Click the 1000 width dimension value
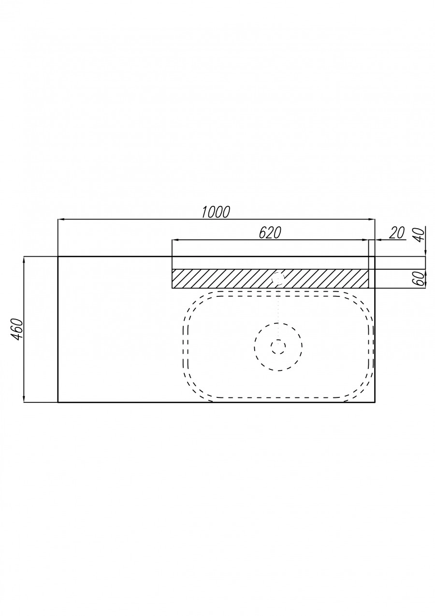(216, 212)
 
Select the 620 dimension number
(270, 233)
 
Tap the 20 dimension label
(396, 233)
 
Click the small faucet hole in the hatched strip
(278, 279)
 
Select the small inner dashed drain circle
(278, 346)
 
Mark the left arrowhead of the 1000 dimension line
(60, 220)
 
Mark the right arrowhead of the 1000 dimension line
(373, 220)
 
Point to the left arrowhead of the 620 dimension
(175, 240)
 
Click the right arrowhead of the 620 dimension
(366, 240)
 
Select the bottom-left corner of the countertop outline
(58, 402)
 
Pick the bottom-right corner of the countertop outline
(375, 402)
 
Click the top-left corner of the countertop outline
(58, 257)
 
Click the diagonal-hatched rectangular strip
(222, 279)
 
